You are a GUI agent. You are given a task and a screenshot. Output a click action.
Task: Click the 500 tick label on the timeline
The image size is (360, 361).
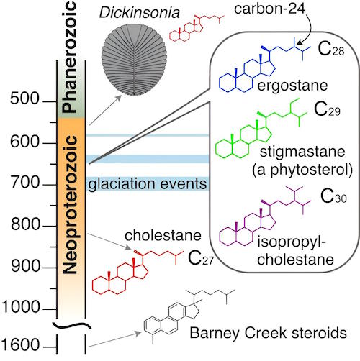24,99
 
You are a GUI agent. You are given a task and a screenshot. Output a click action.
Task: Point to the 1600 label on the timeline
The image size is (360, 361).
20,344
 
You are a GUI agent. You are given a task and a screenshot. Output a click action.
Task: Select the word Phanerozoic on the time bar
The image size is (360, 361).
69,57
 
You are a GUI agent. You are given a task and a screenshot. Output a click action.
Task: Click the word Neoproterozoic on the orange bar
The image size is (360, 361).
70,205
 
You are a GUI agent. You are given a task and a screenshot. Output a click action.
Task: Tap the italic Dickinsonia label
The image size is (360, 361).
140,12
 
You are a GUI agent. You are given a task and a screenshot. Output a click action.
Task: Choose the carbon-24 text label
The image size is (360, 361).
270,9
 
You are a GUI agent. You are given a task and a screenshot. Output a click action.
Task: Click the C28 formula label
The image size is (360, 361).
331,49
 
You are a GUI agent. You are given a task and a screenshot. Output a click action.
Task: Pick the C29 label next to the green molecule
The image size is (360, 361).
327,109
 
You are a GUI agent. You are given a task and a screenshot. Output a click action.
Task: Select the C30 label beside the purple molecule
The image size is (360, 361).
333,196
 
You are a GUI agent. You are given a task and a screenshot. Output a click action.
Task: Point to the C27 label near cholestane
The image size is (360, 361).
201,258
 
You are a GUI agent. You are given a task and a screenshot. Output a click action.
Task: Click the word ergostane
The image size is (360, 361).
292,86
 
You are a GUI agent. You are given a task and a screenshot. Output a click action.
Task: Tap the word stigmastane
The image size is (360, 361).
302,152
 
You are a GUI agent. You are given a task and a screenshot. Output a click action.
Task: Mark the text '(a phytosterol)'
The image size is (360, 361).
302,170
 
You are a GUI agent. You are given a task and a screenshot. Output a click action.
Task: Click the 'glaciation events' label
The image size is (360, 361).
148,184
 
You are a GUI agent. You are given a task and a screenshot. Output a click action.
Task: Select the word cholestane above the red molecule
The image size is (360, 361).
163,235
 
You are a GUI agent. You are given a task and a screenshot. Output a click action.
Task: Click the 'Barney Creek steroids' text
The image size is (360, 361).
269,333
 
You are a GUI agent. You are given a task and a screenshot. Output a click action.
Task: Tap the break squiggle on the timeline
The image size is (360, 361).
72,325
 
